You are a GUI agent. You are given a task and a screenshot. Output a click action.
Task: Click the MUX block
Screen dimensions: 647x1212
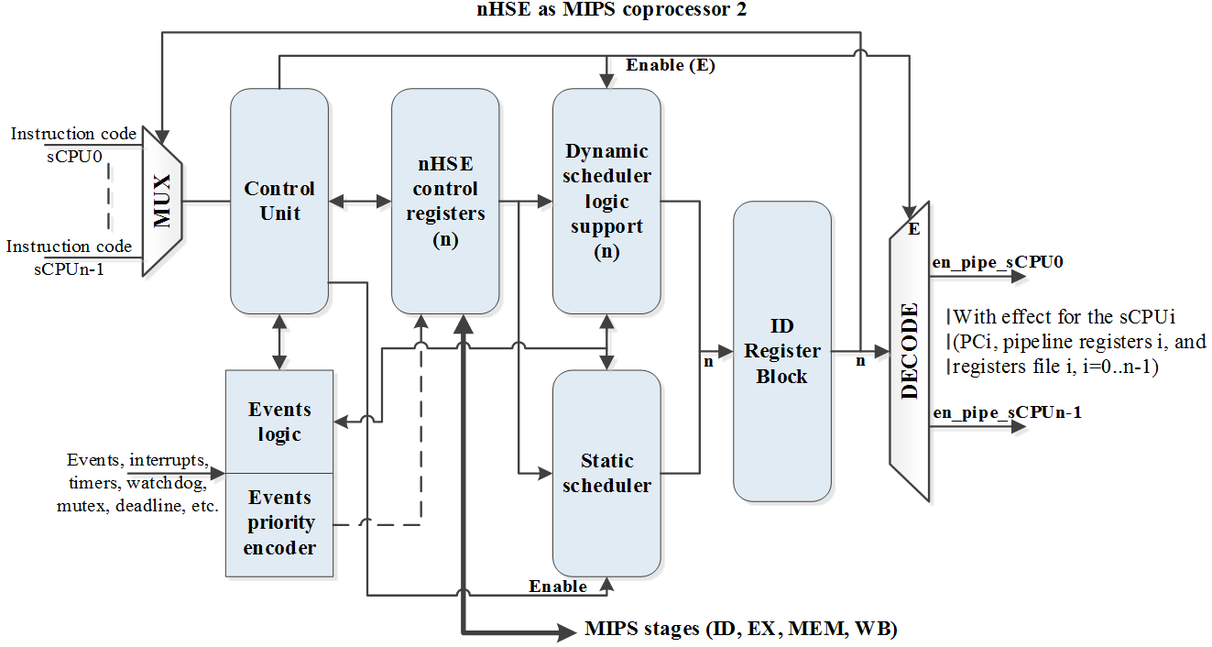click(x=162, y=201)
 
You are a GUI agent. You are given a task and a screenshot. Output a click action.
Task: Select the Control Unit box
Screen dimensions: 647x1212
click(x=279, y=202)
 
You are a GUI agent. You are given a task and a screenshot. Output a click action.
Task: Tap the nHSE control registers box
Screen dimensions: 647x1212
click(x=445, y=202)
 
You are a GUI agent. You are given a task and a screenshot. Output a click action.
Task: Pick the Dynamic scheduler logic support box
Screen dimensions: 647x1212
click(x=606, y=202)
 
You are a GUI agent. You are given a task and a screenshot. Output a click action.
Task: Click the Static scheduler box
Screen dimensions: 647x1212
click(x=606, y=473)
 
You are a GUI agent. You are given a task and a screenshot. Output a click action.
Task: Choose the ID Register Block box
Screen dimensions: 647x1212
click(x=781, y=351)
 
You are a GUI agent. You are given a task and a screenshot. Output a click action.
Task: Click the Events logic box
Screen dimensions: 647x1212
click(x=279, y=422)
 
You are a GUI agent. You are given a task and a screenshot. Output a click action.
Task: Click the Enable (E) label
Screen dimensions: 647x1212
click(x=671, y=65)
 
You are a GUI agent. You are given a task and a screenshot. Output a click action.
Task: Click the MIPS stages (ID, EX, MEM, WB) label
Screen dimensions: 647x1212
click(x=740, y=630)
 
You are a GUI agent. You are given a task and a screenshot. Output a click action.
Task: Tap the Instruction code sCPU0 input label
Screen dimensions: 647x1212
click(x=73, y=143)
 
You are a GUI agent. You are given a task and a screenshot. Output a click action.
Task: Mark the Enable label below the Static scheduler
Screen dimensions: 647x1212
click(x=558, y=586)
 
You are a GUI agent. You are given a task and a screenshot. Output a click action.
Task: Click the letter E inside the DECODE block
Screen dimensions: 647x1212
click(x=913, y=229)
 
